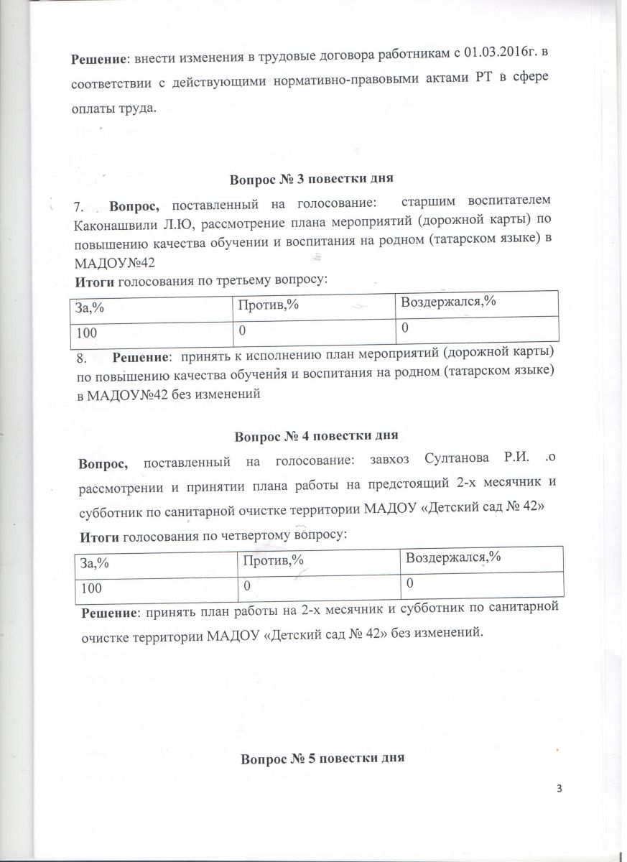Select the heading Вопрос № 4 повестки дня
click(316, 435)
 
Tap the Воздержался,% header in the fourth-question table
click(453, 557)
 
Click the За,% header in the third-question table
click(90, 307)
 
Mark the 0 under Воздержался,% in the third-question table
click(405, 328)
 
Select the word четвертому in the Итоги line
click(252, 535)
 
